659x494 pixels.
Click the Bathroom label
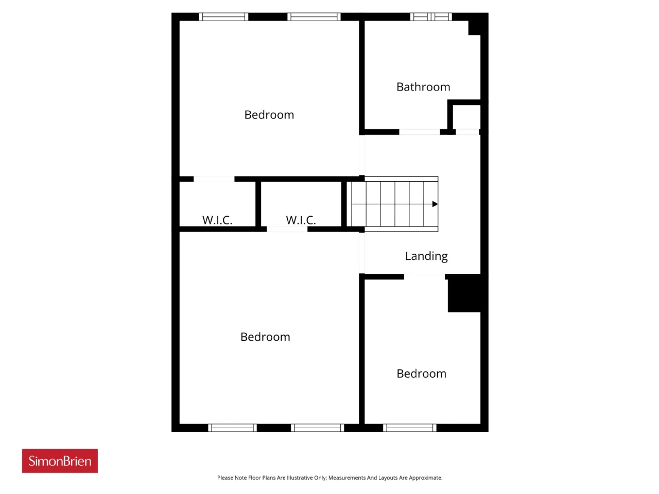[x=423, y=87]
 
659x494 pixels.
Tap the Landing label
[x=426, y=256]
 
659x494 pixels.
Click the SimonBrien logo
[x=60, y=461]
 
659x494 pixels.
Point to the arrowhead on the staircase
[x=435, y=204]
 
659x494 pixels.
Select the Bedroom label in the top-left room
[x=269, y=115]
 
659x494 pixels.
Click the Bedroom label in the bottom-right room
[x=421, y=374]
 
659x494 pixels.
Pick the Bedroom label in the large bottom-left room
[x=265, y=337]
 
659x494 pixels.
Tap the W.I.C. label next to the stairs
[x=301, y=220]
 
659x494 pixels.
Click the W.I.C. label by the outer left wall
[x=217, y=220]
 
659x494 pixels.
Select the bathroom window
[x=431, y=17]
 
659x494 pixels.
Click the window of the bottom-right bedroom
[x=410, y=428]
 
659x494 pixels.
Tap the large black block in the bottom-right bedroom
[x=464, y=293]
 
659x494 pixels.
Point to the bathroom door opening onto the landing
[x=420, y=132]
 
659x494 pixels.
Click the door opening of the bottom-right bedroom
[x=424, y=276]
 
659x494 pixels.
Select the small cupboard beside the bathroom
[x=466, y=117]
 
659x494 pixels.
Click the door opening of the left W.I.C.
[x=214, y=179]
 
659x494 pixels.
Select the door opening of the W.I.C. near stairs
[x=287, y=230]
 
